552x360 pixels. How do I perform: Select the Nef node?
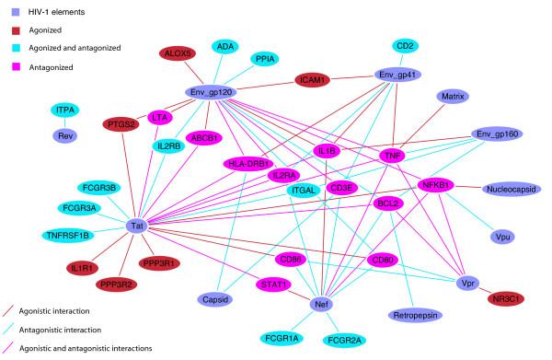click(x=322, y=304)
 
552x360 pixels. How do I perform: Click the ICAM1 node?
click(x=321, y=80)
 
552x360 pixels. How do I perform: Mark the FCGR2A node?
click(x=350, y=340)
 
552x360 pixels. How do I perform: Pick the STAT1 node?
click(x=273, y=284)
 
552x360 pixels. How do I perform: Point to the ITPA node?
click(x=65, y=110)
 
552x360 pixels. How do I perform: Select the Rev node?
click(x=65, y=134)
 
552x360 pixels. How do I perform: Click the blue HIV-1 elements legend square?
click(x=12, y=10)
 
